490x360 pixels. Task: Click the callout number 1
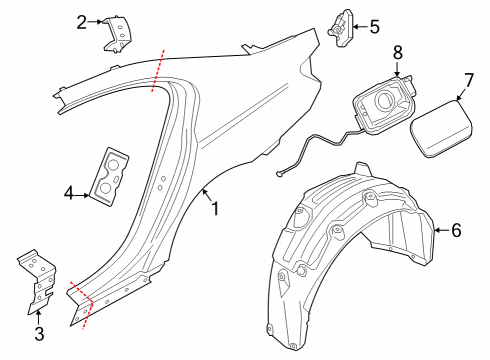point(213,209)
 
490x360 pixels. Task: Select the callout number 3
point(39,333)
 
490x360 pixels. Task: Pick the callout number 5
point(374,27)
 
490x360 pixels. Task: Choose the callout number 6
point(456,230)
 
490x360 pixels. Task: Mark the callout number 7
point(468,79)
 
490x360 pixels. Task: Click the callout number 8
point(397,51)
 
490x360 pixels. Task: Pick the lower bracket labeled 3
point(35,282)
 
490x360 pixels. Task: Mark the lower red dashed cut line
point(86,308)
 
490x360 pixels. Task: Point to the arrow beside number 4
point(85,192)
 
